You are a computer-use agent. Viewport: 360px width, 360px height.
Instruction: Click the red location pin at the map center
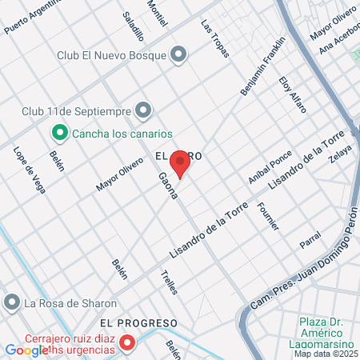[x=181, y=165]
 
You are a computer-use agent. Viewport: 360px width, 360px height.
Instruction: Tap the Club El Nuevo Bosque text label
[x=111, y=55]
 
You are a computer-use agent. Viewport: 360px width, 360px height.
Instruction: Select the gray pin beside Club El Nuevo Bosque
[x=178, y=54]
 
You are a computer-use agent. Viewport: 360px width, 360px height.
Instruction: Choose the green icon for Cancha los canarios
[x=59, y=133]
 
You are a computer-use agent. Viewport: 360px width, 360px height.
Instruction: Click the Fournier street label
[x=269, y=216]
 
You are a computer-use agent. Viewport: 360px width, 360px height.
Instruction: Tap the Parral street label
[x=310, y=240]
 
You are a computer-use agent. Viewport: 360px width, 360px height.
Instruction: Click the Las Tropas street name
[x=215, y=38]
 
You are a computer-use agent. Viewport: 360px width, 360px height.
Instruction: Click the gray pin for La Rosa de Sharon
[x=11, y=302]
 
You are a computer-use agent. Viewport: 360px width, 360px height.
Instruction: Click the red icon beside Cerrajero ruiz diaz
[x=126, y=344]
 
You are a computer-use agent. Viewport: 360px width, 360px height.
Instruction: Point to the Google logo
[x=26, y=350]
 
